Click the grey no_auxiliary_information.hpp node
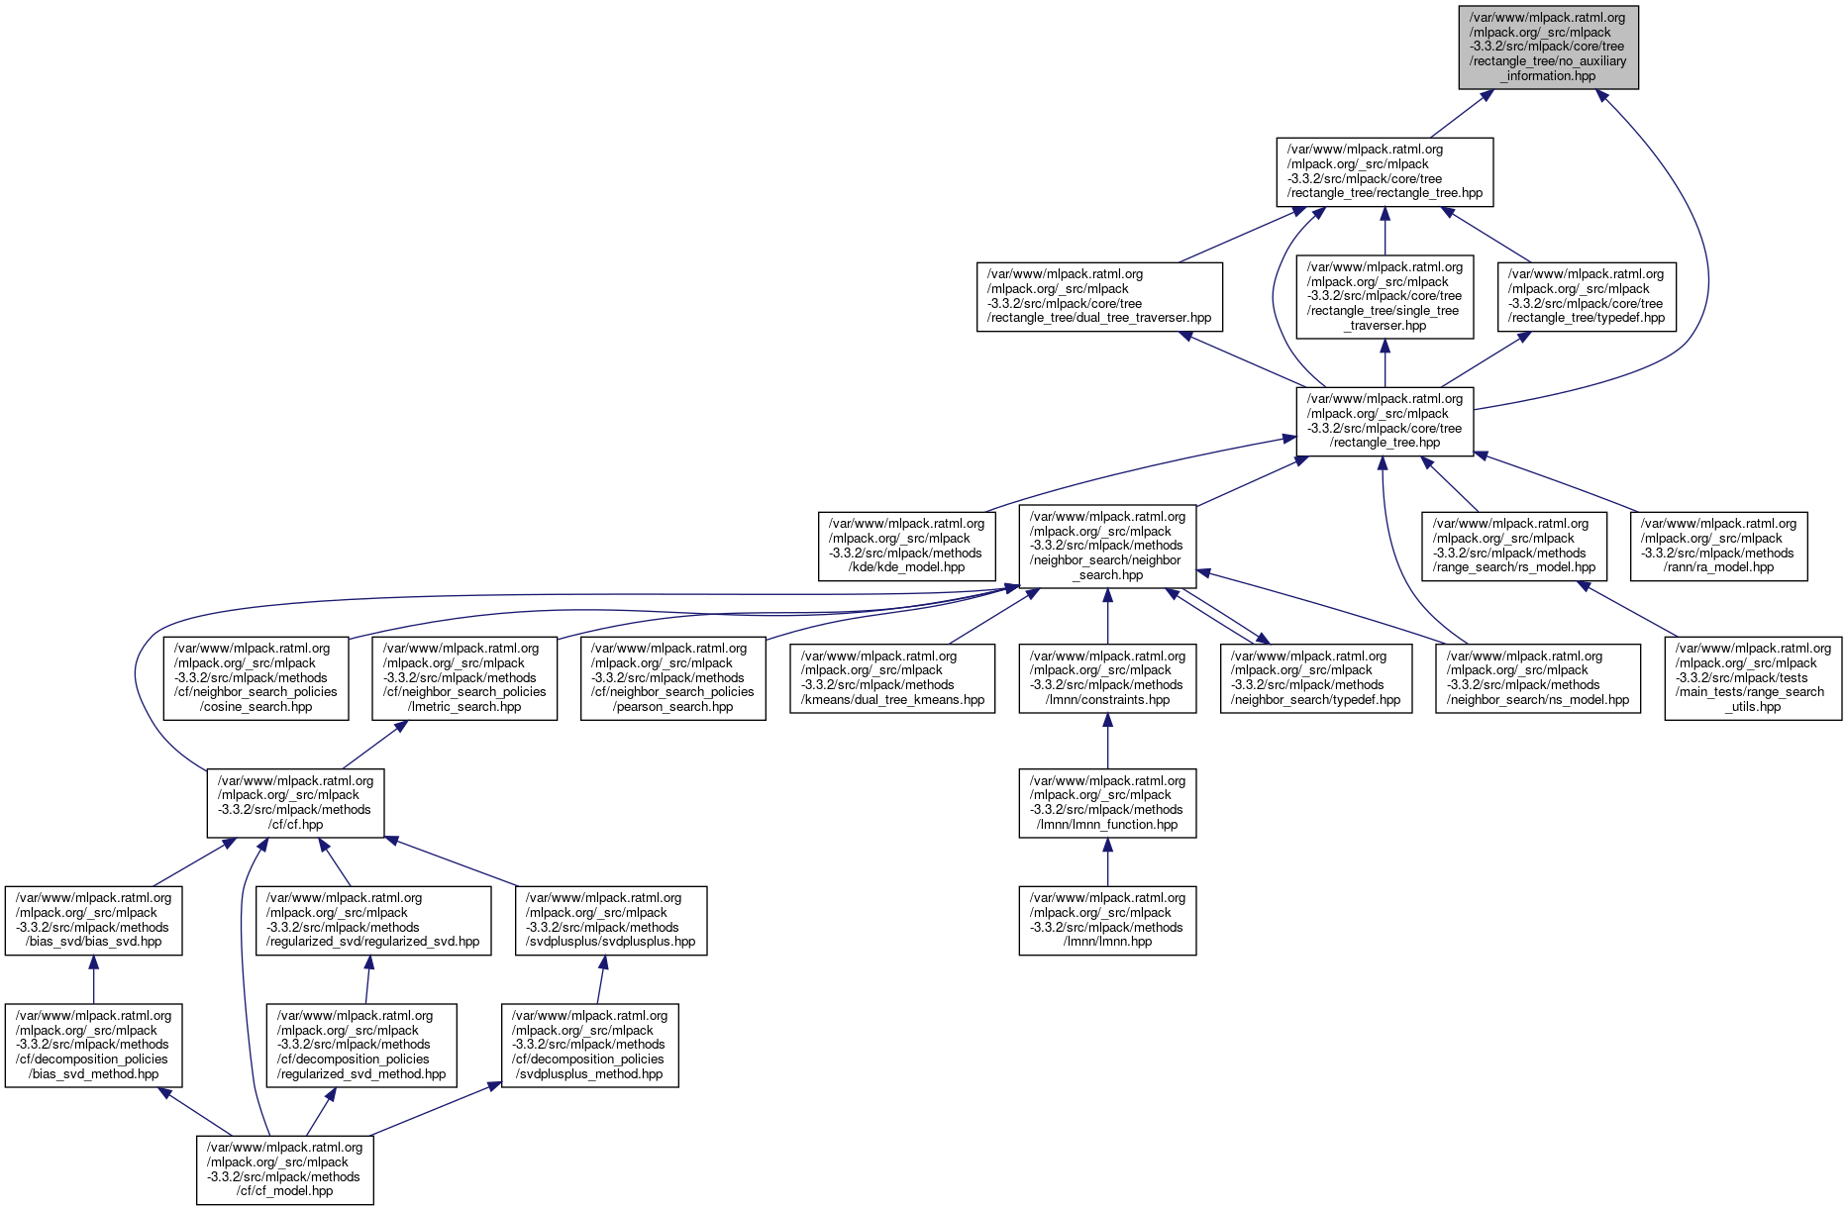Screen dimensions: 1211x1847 coord(1548,47)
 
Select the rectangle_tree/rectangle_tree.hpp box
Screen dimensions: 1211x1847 coord(1384,171)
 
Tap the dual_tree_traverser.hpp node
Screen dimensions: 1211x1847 coord(1099,296)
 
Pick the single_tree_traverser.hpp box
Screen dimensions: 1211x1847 coord(1385,296)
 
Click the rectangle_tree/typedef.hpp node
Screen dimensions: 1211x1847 coord(1587,296)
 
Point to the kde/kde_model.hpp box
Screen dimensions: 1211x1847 coord(906,546)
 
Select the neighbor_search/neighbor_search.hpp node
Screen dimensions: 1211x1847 coord(1107,546)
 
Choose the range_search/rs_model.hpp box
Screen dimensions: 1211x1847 coord(1513,546)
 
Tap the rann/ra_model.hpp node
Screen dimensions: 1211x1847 coord(1718,546)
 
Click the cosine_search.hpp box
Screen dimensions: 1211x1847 coord(256,677)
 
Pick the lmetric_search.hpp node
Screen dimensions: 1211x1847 coord(464,677)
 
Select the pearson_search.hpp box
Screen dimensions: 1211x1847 coord(672,677)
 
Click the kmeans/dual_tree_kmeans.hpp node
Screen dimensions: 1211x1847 coord(892,677)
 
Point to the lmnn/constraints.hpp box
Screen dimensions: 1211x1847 coord(1107,677)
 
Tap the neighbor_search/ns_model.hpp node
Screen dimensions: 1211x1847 coord(1537,677)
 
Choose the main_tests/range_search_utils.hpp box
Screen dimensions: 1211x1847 coord(1753,677)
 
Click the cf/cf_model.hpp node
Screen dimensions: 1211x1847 coord(284,1169)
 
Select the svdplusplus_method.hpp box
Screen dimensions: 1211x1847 coord(589,1045)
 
